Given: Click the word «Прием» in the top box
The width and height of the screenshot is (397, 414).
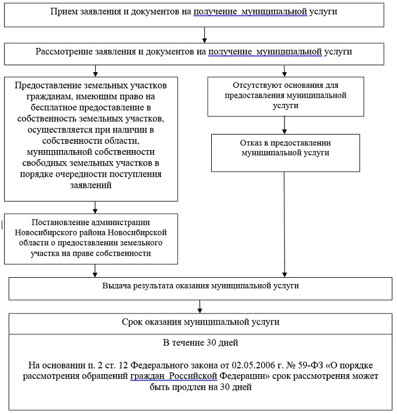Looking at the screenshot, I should tap(63, 12).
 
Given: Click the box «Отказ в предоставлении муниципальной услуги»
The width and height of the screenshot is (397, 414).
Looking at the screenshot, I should tap(284, 148).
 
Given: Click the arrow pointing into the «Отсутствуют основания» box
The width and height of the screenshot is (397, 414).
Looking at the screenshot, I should tap(284, 70).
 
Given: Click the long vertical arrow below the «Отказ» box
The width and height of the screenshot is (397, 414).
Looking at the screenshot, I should tap(284, 219).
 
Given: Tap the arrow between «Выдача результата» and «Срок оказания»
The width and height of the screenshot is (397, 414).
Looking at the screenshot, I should tap(200, 306).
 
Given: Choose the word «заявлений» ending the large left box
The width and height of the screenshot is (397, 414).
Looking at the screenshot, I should tap(91, 186).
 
